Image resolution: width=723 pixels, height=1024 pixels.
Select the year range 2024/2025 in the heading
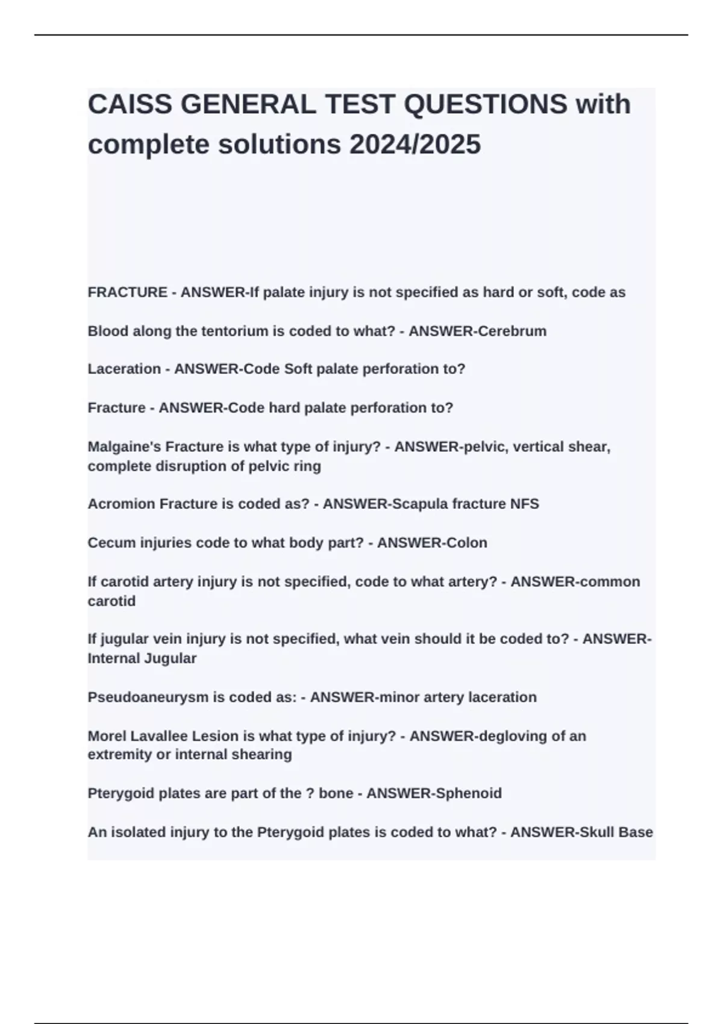[415, 145]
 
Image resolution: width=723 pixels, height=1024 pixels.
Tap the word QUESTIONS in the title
[485, 105]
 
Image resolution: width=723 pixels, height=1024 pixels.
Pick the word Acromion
[121, 504]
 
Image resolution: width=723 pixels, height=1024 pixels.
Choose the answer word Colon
[466, 543]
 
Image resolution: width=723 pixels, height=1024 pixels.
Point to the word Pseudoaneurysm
[148, 698]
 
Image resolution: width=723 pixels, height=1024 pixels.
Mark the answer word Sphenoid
[468, 793]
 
